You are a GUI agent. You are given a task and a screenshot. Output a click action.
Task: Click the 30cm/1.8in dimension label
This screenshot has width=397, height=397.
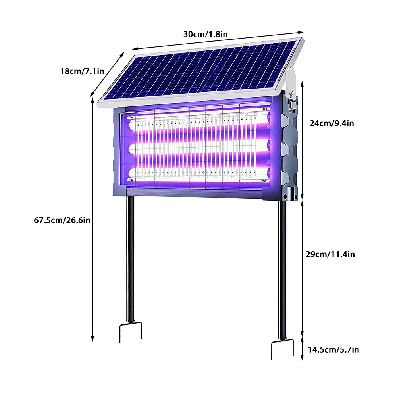coord(205,34)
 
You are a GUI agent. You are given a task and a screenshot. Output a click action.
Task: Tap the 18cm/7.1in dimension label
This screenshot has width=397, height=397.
coord(82,71)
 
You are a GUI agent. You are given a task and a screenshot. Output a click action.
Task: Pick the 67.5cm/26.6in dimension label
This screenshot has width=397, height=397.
coord(62,220)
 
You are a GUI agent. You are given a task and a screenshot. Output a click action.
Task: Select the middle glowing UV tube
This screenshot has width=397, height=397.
coord(198,149)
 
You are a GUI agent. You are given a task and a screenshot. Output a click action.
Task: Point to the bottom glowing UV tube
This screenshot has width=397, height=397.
coord(198,172)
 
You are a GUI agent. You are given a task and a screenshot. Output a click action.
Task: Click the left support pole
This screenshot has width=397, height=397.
coord(131,258)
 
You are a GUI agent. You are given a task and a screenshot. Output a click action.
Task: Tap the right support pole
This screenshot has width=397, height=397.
coord(283,270)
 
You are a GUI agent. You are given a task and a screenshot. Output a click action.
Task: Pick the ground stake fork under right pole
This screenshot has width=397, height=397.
coord(282,349)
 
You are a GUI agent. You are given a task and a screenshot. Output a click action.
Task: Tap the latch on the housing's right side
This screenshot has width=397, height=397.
coord(293,105)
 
